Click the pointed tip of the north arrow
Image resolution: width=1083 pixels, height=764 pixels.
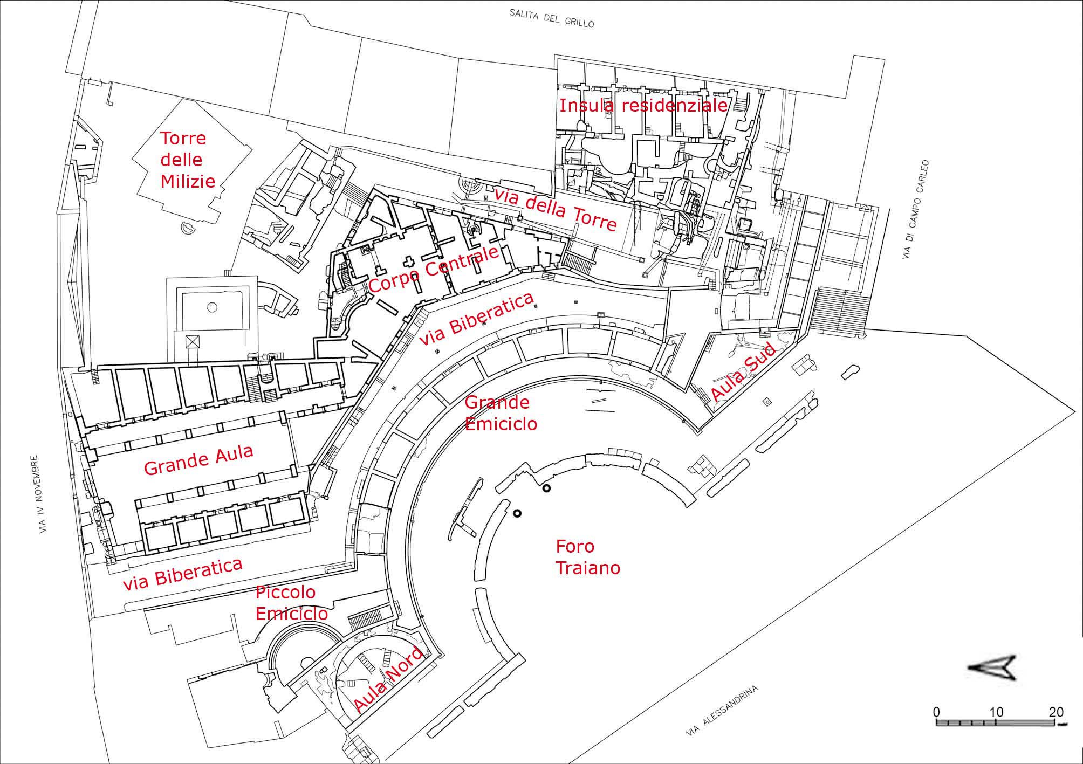(x=968, y=667)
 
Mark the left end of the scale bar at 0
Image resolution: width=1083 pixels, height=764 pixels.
(x=937, y=722)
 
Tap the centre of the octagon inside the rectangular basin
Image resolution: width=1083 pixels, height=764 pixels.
(x=212, y=306)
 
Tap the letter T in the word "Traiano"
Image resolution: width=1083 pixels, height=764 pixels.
(x=560, y=568)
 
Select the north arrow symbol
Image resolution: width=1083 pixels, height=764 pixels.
(x=991, y=667)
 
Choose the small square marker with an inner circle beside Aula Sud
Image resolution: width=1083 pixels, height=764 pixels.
(x=766, y=401)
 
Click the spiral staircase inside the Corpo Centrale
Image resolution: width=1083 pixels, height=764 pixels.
(x=475, y=230)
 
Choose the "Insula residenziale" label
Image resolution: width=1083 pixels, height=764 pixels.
(x=643, y=105)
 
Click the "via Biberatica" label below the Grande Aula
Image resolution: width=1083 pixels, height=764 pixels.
(x=182, y=574)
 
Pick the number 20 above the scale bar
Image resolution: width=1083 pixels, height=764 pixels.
(x=1057, y=712)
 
